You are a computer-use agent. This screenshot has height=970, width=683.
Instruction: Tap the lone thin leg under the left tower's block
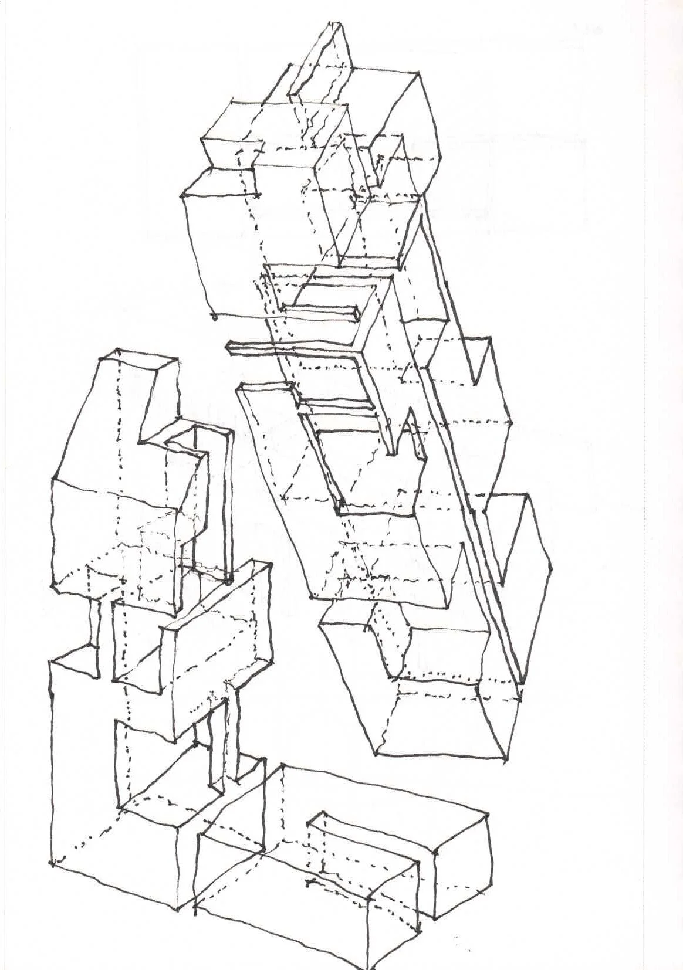pos(94,622)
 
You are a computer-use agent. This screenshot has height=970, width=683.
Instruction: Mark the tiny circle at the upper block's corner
pos(215,317)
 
